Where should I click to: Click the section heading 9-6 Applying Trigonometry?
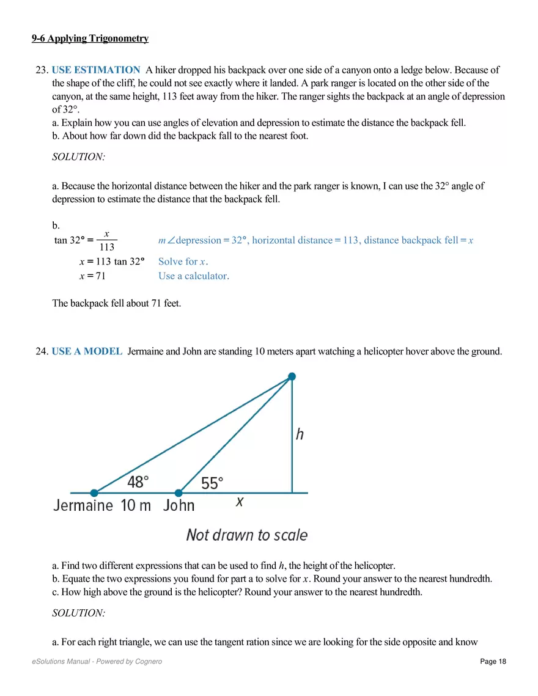(90, 38)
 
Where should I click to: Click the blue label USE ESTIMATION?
(96, 70)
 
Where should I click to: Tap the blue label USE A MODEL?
(87, 351)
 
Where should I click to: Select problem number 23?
(42, 70)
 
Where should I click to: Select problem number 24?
(42, 351)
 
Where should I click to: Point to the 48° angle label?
(138, 482)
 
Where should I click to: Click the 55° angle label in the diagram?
(212, 483)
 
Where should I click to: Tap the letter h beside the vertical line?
(300, 434)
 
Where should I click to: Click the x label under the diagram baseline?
(240, 502)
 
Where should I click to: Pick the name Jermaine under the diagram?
(83, 505)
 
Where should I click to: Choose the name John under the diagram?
(179, 505)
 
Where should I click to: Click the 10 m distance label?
(136, 505)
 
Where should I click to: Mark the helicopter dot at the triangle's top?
(292, 376)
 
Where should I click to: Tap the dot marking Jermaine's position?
(94, 493)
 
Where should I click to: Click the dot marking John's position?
(179, 493)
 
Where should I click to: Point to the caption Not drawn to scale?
(247, 535)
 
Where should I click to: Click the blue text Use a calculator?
(194, 276)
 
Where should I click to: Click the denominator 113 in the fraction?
(106, 247)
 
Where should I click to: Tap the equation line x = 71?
(92, 276)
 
